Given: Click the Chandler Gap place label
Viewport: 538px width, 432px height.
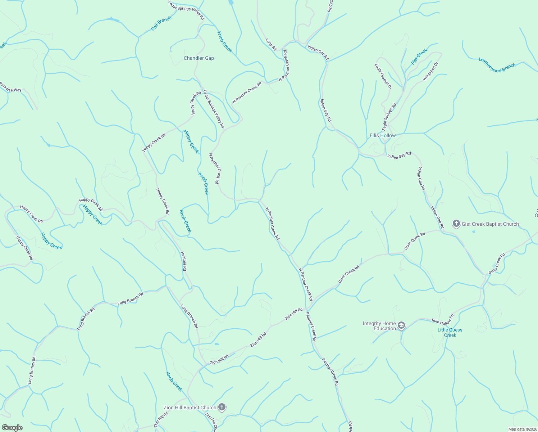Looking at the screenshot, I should pos(199,58).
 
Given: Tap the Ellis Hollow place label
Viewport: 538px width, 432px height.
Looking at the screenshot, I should pos(383,136).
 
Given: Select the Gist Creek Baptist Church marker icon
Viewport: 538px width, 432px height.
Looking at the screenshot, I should pos(456,224).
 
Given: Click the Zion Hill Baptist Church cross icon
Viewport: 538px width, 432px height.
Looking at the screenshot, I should pos(222,408).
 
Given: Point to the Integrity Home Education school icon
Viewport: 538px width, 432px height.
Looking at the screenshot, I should pos(401,326).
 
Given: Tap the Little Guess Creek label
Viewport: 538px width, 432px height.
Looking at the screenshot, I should pos(450,332).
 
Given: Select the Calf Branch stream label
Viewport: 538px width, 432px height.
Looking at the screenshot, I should pos(161,23).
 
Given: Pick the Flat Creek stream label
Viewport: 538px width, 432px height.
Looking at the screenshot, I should pos(419,57).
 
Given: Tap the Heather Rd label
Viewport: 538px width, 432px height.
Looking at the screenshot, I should pos(183,261).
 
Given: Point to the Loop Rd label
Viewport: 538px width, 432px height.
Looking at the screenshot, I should pos(271,45).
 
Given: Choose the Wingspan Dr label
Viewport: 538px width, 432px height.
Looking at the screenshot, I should pos(431,71).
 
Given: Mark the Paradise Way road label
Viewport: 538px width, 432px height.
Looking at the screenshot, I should pos(10,87).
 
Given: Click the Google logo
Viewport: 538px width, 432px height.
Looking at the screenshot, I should pos(12,428).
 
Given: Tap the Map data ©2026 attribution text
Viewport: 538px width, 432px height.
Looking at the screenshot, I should pos(522,429).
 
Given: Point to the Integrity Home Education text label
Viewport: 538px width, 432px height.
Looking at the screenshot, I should pos(379,326).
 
